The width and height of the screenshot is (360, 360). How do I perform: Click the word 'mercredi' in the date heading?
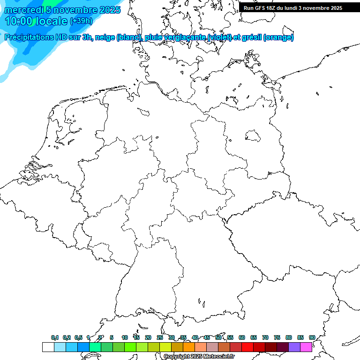tap(21, 10)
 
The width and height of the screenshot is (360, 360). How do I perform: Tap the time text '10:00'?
tap(19, 22)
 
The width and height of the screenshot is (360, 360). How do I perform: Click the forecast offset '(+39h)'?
tap(81, 21)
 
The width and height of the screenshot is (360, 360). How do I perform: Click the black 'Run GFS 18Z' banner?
tap(293, 8)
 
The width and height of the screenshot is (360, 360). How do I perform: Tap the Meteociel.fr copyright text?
tap(199, 357)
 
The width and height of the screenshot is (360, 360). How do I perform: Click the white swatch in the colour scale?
tap(48, 347)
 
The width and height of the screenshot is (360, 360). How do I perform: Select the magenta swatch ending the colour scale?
tap(306, 347)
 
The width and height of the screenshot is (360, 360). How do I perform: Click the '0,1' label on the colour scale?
tap(55, 337)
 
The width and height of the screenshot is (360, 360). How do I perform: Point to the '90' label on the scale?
tap(312, 337)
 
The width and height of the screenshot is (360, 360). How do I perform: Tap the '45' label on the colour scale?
tap(207, 337)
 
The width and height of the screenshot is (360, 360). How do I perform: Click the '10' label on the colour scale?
tap(125, 337)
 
